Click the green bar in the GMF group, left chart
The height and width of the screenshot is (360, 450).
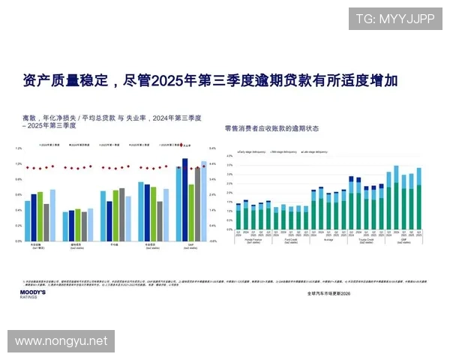tap(191, 212)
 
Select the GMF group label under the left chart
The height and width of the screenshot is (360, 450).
tap(191, 245)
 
